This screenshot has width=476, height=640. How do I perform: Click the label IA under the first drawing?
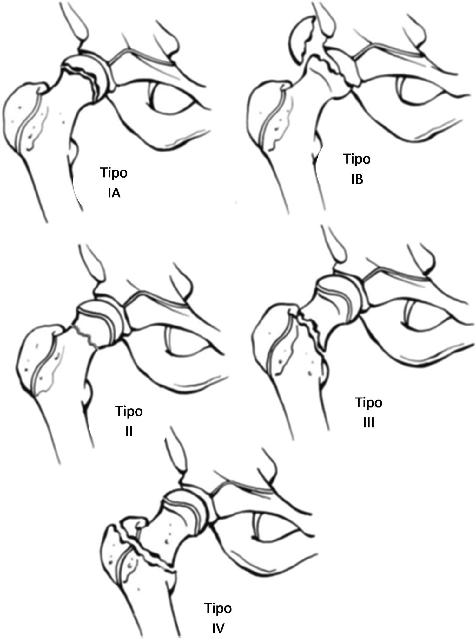tap(114, 193)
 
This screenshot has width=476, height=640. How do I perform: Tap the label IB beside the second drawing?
tap(357, 179)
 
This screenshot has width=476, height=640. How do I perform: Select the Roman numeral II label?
tap(129, 431)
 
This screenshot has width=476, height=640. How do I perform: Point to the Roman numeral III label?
tap(368, 423)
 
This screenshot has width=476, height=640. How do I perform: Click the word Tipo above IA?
tap(114, 173)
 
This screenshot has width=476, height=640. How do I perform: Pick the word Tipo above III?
tap(368, 403)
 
